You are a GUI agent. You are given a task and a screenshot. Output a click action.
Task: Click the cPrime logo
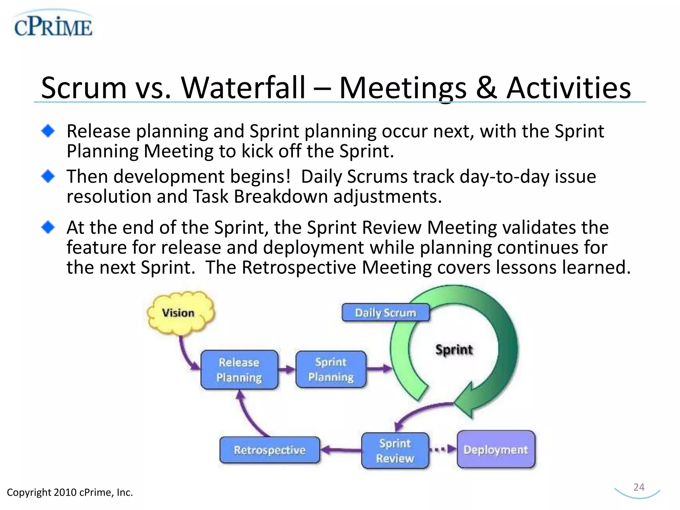[53, 26]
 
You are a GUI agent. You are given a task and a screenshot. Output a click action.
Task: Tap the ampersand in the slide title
[486, 88]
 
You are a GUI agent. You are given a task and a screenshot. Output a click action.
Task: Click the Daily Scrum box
[385, 312]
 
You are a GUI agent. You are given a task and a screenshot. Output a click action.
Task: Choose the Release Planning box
[239, 370]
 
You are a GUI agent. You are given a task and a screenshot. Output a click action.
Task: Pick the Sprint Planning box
[331, 369]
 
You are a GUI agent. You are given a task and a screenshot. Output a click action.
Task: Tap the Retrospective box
[269, 450]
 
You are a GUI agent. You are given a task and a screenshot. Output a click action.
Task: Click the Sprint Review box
[395, 451]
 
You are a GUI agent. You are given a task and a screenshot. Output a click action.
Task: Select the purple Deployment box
[496, 449]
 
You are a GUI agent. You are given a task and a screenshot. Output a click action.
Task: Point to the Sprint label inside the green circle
[454, 350]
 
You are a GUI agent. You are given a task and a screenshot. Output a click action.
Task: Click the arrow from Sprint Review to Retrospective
[341, 450]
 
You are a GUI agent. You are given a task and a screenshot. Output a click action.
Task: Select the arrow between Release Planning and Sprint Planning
[287, 369]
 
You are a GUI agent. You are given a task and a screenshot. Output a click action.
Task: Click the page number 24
[638, 487]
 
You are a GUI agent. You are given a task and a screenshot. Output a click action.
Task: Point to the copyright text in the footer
[70, 492]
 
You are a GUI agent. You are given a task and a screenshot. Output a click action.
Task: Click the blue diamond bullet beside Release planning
[48, 131]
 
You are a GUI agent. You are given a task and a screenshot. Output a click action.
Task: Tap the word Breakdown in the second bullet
[281, 197]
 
